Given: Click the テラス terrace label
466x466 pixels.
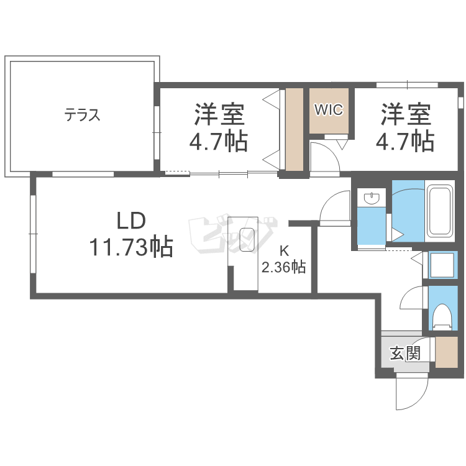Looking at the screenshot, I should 83,115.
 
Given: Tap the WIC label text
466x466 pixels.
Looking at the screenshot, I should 328,110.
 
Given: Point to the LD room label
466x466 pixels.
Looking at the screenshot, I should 131,221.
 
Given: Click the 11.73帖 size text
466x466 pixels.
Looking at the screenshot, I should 130,247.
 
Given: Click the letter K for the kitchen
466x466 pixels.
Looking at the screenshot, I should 284,252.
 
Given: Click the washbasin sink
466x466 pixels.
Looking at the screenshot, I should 372,199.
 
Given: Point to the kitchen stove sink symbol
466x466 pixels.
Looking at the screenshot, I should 247,240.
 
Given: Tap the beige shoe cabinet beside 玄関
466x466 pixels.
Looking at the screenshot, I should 447,353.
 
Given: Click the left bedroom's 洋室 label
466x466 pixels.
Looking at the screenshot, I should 219,115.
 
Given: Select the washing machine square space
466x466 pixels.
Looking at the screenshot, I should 442,265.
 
